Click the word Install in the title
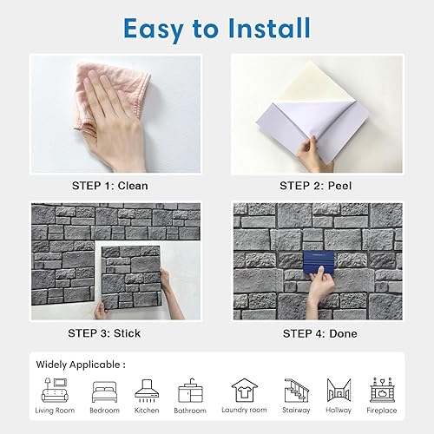tap(269, 29)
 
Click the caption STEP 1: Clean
tap(110, 186)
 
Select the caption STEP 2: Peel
tap(316, 186)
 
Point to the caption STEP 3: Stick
tap(104, 333)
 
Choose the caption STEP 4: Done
tap(319, 333)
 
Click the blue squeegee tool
tap(319, 261)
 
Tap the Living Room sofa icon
tap(55, 390)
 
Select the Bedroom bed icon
tap(104, 392)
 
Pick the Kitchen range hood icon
tap(147, 391)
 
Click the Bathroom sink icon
tap(190, 391)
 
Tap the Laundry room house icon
tap(244, 391)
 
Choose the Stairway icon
tap(296, 391)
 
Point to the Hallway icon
tap(339, 391)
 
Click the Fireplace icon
tap(382, 390)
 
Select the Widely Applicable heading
tap(81, 365)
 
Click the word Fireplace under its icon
tap(382, 411)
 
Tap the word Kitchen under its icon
tap(147, 411)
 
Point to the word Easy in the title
tap(154, 30)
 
